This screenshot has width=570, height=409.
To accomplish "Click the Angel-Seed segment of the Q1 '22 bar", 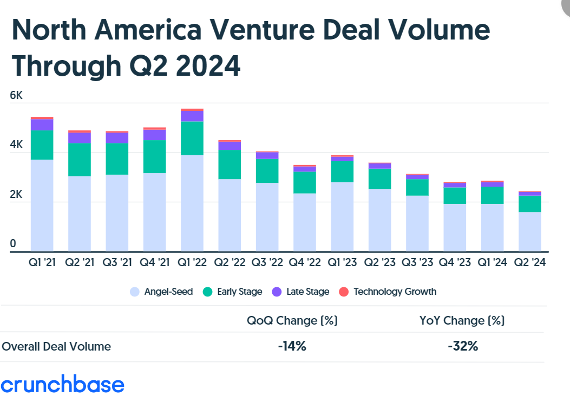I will tap(192, 203).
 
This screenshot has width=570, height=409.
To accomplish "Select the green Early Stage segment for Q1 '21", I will tap(42, 145).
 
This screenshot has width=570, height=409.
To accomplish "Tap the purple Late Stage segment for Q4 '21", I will tap(155, 135).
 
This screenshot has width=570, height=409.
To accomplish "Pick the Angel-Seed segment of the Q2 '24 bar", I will tap(530, 232).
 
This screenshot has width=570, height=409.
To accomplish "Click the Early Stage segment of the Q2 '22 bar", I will tap(230, 164).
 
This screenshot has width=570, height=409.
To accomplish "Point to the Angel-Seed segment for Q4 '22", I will tap(305, 222).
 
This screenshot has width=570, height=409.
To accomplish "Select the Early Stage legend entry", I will tap(233, 292).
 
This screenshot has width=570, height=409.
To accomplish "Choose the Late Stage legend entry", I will tap(301, 292).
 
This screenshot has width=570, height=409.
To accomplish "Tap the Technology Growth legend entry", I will tap(388, 292).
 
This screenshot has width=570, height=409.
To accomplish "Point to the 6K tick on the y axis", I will tap(16, 96).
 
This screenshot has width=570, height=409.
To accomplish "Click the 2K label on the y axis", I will tap(16, 195).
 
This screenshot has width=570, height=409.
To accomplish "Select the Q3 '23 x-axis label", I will tap(418, 263).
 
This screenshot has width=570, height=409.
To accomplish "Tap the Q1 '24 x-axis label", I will tap(493, 263).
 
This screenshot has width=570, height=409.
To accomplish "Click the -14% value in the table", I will tap(292, 346).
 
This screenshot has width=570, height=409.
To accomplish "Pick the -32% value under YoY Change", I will tap(462, 346).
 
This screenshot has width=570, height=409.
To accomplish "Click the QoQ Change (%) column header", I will tap(292, 320).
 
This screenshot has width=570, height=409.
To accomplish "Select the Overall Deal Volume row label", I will tap(56, 347).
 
